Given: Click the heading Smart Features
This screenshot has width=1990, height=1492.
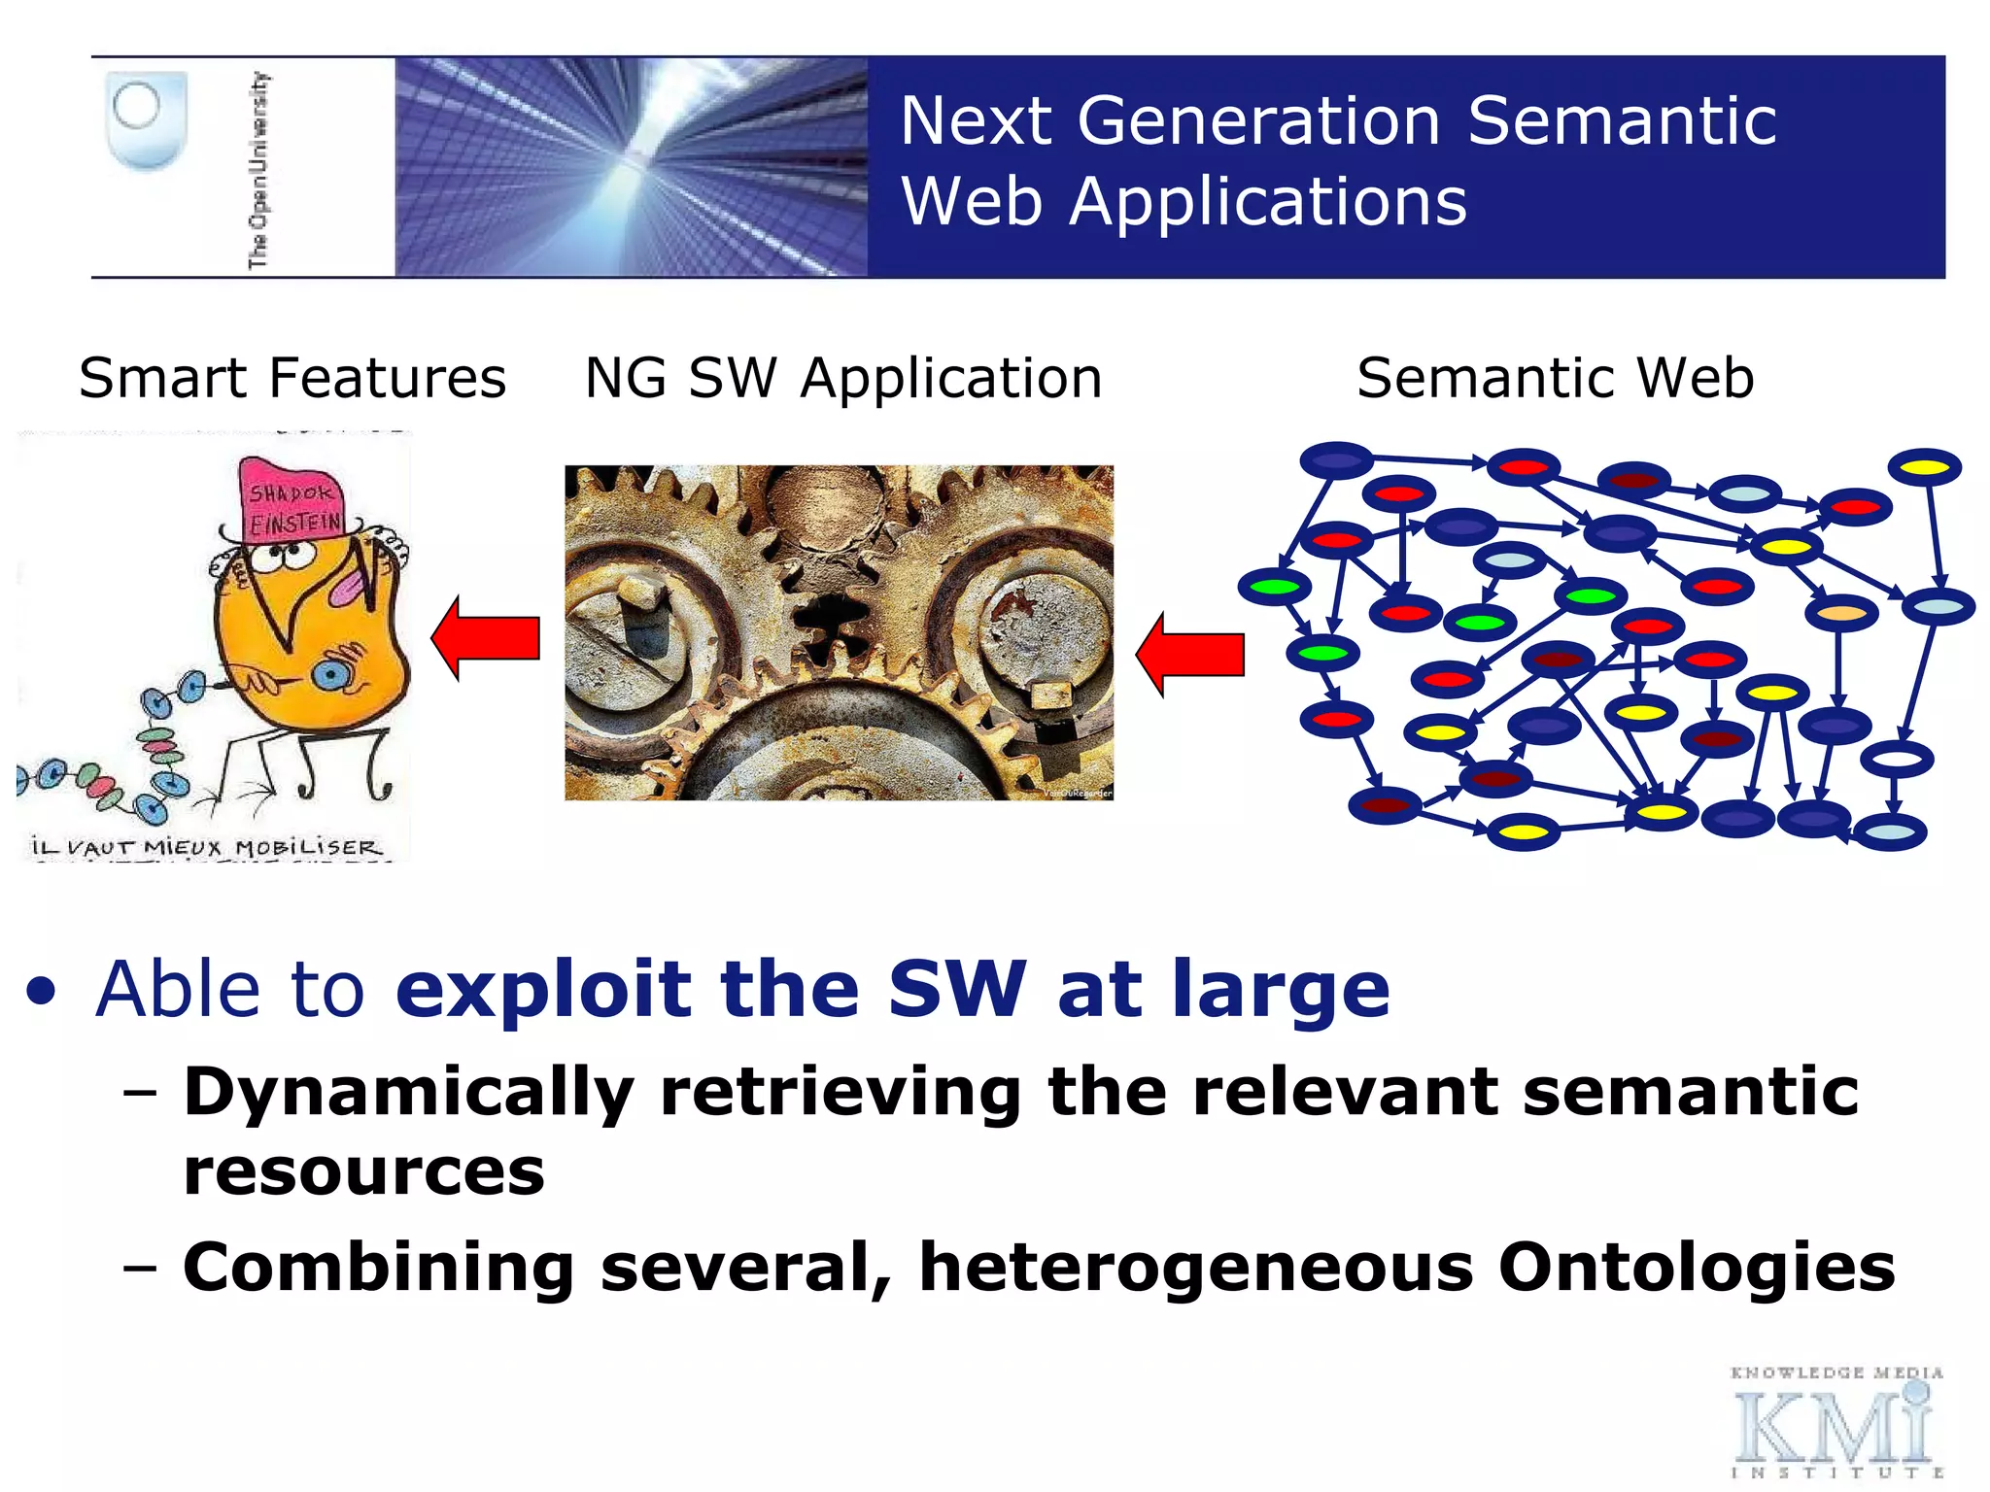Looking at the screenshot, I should (292, 378).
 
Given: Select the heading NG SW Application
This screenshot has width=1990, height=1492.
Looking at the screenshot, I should (842, 378).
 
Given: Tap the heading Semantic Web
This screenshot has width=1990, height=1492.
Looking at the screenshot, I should (1555, 378).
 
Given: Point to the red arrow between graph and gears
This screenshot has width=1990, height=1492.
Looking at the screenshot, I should (1191, 654).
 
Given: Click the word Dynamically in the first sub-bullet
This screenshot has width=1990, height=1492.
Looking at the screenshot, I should (408, 1094).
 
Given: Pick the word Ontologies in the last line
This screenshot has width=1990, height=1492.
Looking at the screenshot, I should (1696, 1268).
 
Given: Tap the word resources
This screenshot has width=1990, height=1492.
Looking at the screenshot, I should (363, 1171).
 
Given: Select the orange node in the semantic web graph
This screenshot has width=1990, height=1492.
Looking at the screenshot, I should (1840, 614).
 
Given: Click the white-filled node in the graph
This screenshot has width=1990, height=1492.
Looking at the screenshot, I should (1896, 759).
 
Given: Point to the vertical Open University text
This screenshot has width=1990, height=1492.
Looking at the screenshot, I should (258, 170).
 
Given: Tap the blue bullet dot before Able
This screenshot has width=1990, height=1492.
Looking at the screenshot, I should (41, 993).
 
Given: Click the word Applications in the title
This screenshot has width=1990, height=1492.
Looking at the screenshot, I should (1267, 202).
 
